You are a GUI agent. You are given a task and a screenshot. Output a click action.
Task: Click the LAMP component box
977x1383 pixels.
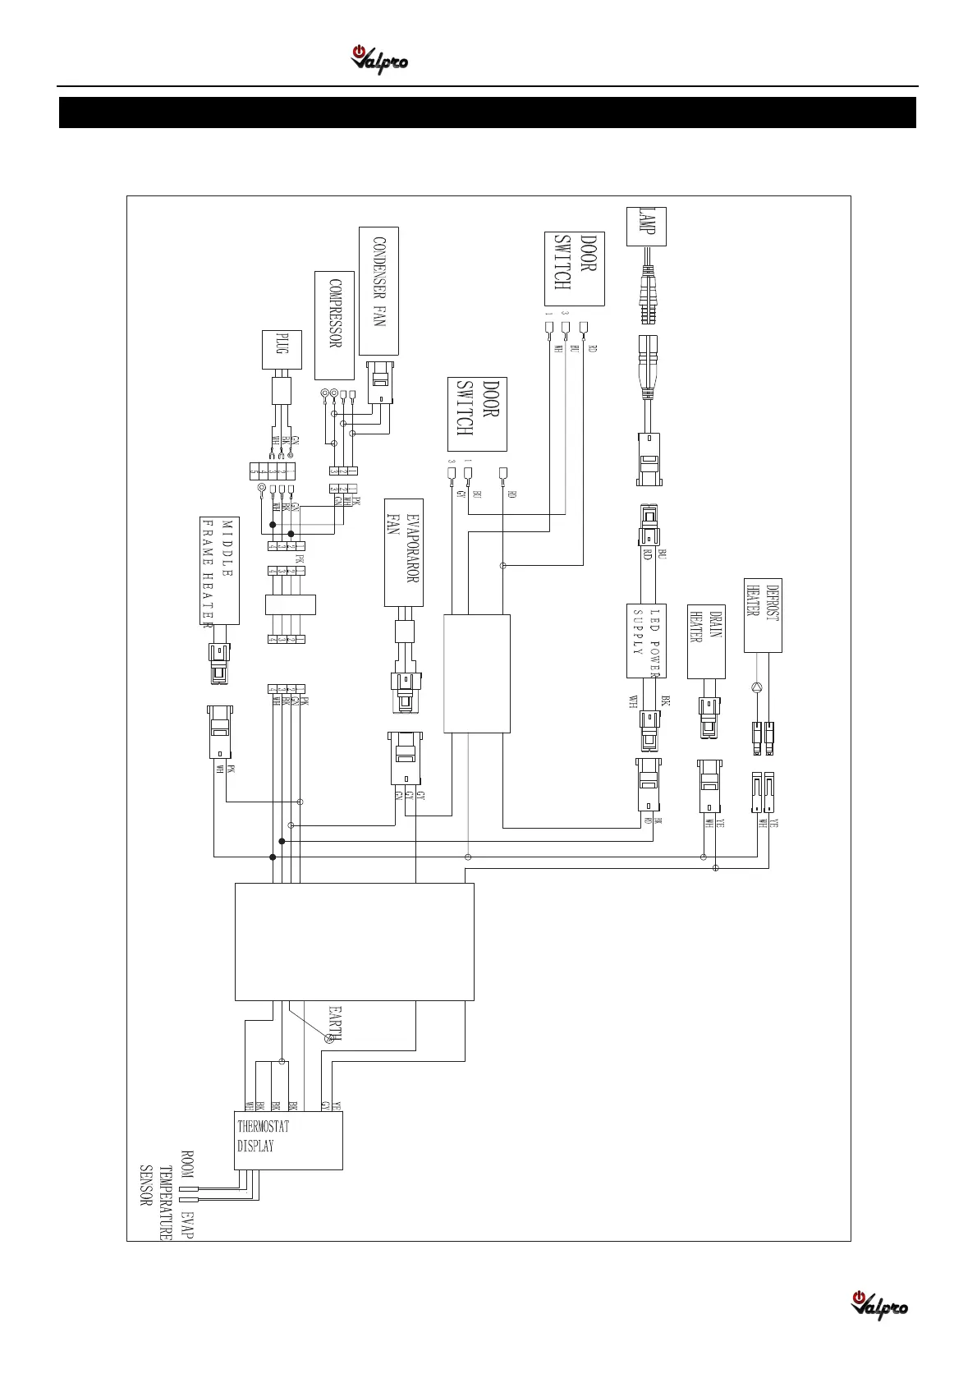(x=646, y=227)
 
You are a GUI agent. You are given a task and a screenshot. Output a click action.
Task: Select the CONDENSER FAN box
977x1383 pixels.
(x=378, y=291)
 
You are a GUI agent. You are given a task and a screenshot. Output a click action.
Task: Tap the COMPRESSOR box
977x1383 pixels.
(x=334, y=325)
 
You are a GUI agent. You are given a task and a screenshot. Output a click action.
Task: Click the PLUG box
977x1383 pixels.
(x=282, y=352)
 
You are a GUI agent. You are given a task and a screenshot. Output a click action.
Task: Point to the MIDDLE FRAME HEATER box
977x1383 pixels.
(x=219, y=570)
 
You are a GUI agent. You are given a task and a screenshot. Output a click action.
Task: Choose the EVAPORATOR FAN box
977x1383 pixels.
(x=404, y=552)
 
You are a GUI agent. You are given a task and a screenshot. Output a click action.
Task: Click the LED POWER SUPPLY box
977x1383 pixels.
(x=646, y=641)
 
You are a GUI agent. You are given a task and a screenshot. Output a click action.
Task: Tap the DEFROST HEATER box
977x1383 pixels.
(x=763, y=614)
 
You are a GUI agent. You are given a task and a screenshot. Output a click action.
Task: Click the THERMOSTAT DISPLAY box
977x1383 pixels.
(x=288, y=1140)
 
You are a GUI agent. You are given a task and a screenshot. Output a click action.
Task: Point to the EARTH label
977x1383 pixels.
(x=335, y=1022)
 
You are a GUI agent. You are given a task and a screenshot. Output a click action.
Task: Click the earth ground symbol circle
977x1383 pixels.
(x=330, y=1039)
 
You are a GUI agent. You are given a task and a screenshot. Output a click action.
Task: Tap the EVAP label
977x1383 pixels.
(x=187, y=1224)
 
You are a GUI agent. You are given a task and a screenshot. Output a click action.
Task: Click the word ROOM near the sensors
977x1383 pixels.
(x=187, y=1165)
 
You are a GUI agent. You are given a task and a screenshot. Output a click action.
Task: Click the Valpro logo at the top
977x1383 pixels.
(x=379, y=60)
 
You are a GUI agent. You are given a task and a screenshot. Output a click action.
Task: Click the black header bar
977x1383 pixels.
(x=488, y=113)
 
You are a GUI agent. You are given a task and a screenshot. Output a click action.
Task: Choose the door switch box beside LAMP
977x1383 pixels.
(x=574, y=269)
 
